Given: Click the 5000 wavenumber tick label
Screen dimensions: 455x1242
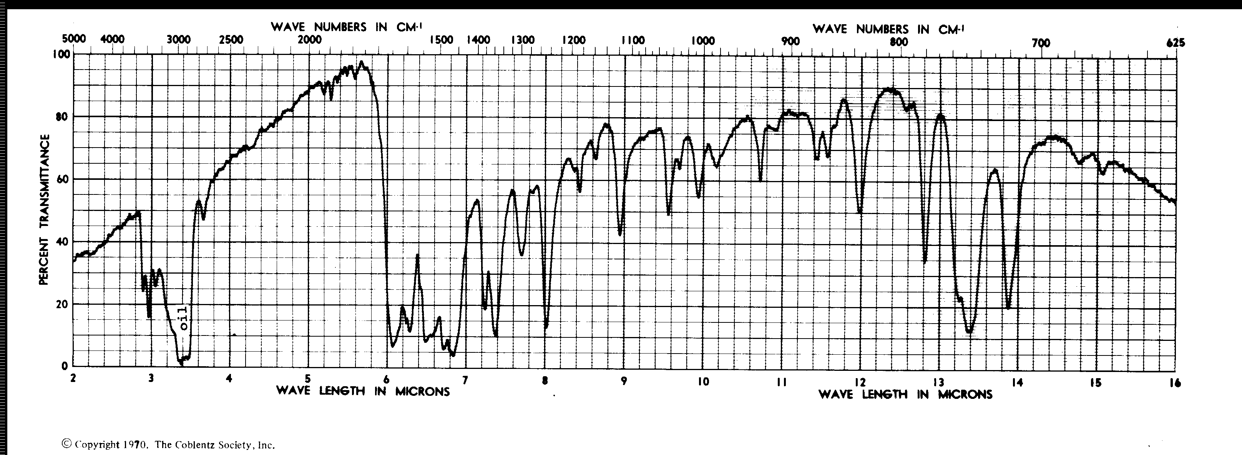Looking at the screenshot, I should [x=74, y=38].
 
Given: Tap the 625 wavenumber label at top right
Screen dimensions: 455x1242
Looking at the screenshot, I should [x=1175, y=43].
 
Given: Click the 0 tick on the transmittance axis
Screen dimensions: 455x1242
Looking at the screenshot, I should [x=65, y=366].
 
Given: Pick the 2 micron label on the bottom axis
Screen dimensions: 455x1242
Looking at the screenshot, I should [x=73, y=379].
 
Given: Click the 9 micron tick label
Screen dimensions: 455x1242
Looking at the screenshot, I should [x=624, y=381].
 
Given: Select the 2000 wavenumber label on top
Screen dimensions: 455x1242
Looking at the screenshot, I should [x=309, y=40].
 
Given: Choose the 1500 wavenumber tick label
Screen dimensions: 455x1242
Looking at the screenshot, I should [x=441, y=40].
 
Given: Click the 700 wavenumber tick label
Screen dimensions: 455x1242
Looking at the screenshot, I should [x=1041, y=43].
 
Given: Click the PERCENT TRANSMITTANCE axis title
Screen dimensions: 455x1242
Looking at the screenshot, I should [x=44, y=210].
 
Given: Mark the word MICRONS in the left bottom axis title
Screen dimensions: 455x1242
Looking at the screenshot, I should [x=422, y=391].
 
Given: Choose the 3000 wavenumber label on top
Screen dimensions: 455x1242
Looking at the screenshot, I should [x=178, y=40].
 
